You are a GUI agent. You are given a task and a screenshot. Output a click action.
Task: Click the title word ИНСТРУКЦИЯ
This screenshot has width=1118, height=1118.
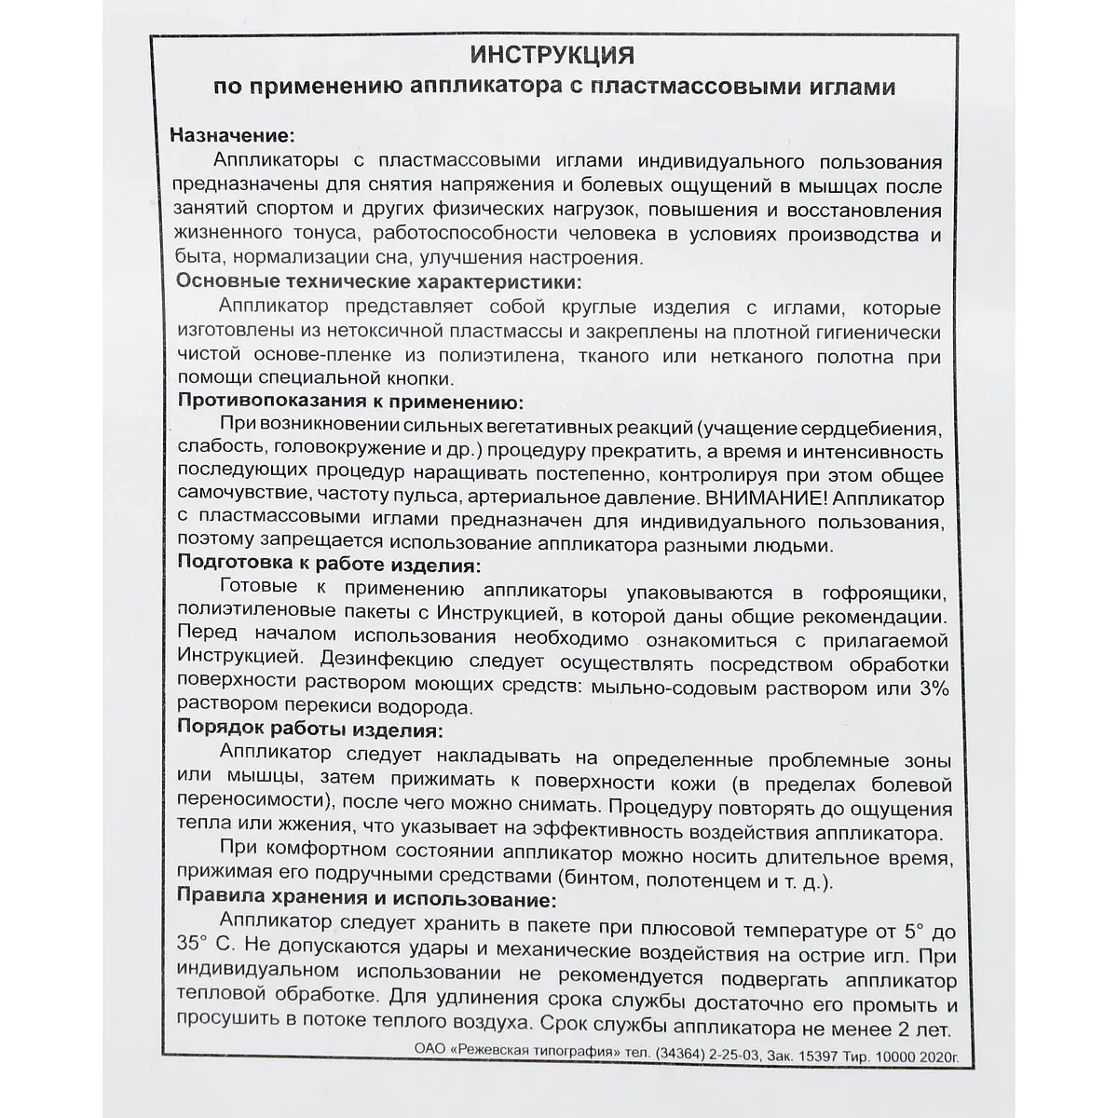pyautogui.click(x=554, y=55)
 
